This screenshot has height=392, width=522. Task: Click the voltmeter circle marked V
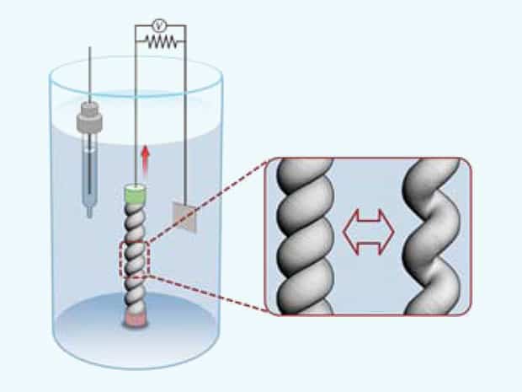click(x=159, y=25)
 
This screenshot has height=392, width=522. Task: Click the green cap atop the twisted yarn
click(x=135, y=194)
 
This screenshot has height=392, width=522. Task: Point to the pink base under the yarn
click(x=136, y=320)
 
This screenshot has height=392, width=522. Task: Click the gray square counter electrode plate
click(x=184, y=217)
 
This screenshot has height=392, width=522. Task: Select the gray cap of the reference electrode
click(x=89, y=117)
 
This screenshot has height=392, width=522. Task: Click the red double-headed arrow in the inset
click(x=369, y=232)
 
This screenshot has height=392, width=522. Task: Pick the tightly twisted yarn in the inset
click(x=306, y=236)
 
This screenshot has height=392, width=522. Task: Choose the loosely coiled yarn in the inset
click(x=432, y=236)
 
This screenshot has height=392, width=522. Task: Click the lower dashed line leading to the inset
click(x=208, y=293)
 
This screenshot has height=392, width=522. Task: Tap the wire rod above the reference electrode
click(x=89, y=75)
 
